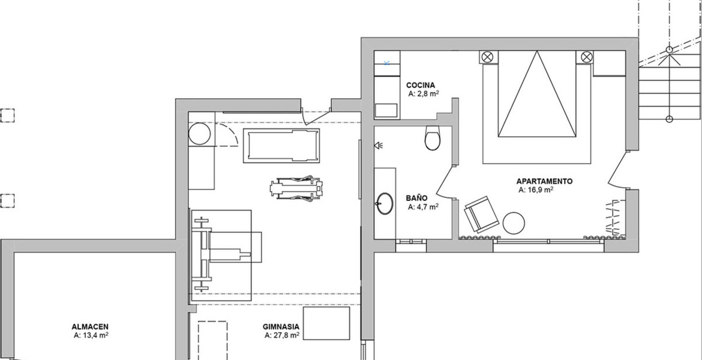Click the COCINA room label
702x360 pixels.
421,85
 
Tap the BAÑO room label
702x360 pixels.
416,198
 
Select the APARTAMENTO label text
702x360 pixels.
544,181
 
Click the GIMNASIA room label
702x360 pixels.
281,328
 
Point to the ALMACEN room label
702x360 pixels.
89,328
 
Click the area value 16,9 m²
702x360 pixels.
536,190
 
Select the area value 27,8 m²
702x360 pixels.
281,335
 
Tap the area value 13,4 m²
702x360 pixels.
91,335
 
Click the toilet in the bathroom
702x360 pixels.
433,137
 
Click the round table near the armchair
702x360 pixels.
514,223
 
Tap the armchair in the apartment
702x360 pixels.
481,214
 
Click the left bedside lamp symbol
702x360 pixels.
488,57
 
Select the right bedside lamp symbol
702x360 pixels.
586,57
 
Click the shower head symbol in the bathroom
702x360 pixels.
379,145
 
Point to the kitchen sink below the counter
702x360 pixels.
386,110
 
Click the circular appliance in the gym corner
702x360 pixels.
200,134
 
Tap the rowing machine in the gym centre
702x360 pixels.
296,188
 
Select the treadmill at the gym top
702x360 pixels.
281,146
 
